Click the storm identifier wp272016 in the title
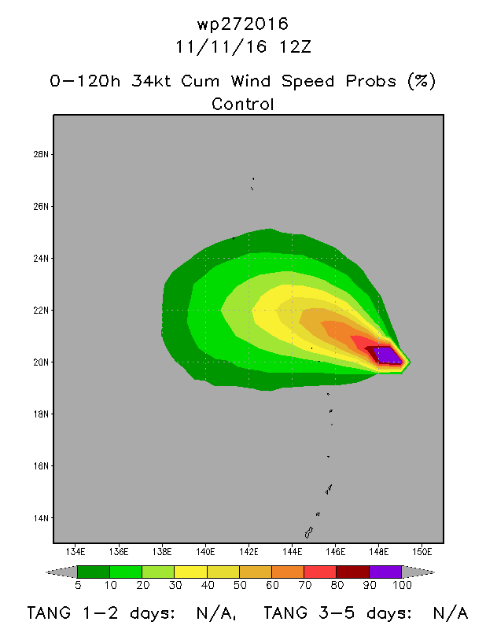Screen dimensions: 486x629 click(x=242, y=24)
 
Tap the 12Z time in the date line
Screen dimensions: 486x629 click(x=295, y=47)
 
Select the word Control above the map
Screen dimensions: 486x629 click(x=243, y=105)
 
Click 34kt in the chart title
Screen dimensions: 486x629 click(x=151, y=81)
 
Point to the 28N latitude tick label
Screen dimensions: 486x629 click(x=41, y=154)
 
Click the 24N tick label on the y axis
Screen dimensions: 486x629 click(x=41, y=259)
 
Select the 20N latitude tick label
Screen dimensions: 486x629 click(x=41, y=362)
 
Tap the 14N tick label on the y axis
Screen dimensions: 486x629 click(x=41, y=518)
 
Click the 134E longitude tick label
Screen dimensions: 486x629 click(x=75, y=552)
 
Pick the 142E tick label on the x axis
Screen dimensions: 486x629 click(x=249, y=552)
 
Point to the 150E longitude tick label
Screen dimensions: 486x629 click(x=422, y=552)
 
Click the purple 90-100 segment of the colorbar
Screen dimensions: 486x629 click(x=385, y=572)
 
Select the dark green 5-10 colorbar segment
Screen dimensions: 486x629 click(x=93, y=572)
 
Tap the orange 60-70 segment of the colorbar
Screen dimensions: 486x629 click(x=288, y=572)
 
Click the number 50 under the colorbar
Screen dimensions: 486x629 click(x=240, y=585)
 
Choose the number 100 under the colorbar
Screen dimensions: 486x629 click(x=402, y=585)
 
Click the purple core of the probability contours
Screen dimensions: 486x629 click(x=387, y=355)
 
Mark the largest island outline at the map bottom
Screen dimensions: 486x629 click(x=308, y=533)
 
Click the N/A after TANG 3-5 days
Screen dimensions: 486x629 click(x=451, y=613)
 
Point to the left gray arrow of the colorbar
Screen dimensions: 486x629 click(x=63, y=572)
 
